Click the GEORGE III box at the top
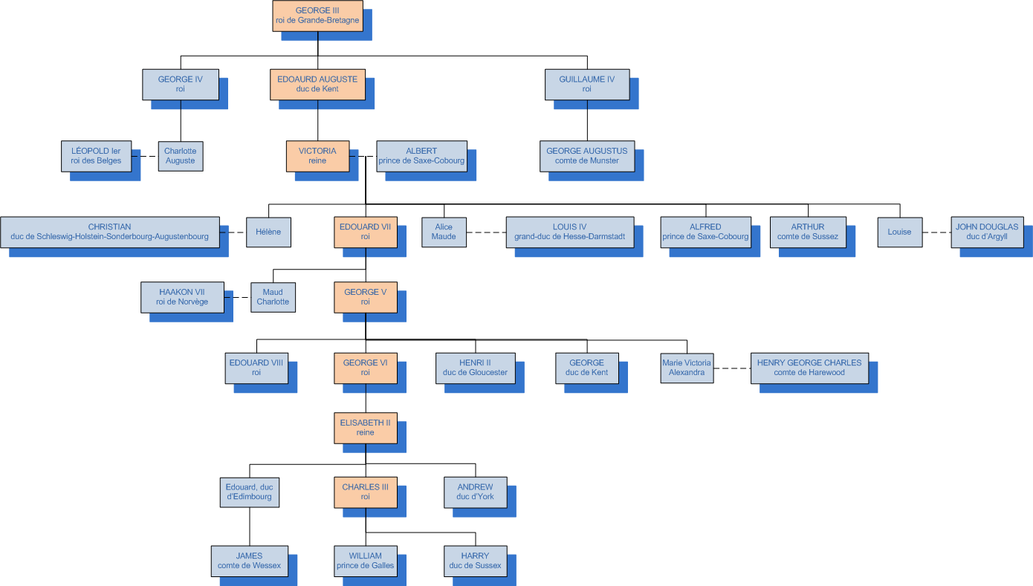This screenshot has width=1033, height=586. [x=317, y=16]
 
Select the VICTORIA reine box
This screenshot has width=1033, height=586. [x=317, y=156]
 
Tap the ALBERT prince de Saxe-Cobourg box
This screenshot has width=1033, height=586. [x=421, y=156]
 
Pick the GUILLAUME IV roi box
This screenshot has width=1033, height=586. [x=586, y=84]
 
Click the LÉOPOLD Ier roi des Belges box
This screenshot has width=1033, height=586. [x=96, y=156]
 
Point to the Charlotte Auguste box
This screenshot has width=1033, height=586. [x=180, y=156]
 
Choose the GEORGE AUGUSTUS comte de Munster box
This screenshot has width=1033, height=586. [x=586, y=156]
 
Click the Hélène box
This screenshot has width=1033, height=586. [x=268, y=232]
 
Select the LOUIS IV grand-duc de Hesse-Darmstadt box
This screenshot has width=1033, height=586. [x=569, y=232]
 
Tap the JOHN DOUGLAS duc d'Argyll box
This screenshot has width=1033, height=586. [x=986, y=232]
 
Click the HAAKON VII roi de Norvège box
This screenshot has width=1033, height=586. [x=182, y=297]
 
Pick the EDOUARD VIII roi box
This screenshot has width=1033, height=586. [x=256, y=368]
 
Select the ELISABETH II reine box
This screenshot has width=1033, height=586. [x=365, y=428]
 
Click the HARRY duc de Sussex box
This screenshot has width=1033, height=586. [x=475, y=561]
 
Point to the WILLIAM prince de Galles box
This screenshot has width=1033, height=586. [x=365, y=561]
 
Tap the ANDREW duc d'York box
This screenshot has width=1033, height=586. [x=475, y=492]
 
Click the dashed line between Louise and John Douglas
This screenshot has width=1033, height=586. [x=936, y=232]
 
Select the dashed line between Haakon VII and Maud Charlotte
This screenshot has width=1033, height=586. [x=237, y=297]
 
